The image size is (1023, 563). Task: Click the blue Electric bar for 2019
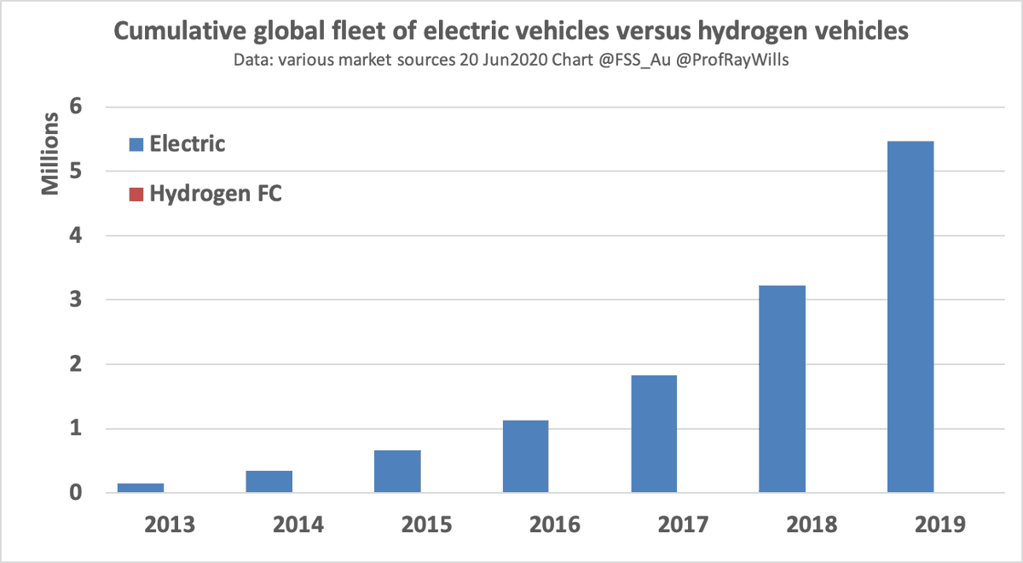[910, 317]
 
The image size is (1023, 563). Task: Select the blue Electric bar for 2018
[782, 389]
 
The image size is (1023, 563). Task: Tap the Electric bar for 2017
[654, 434]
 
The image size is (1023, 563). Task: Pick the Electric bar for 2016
[525, 456]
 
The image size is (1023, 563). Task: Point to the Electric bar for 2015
[397, 471]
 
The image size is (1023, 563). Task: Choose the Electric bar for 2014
[269, 481]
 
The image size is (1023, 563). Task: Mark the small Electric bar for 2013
[141, 488]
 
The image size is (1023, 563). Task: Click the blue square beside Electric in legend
[136, 144]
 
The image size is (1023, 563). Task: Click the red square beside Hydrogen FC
[136, 194]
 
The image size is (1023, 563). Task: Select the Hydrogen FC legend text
[216, 194]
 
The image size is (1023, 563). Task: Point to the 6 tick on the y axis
[77, 107]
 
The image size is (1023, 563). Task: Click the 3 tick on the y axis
[77, 300]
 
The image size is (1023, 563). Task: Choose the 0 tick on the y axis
[77, 493]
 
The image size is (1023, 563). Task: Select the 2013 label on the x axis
[169, 524]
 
